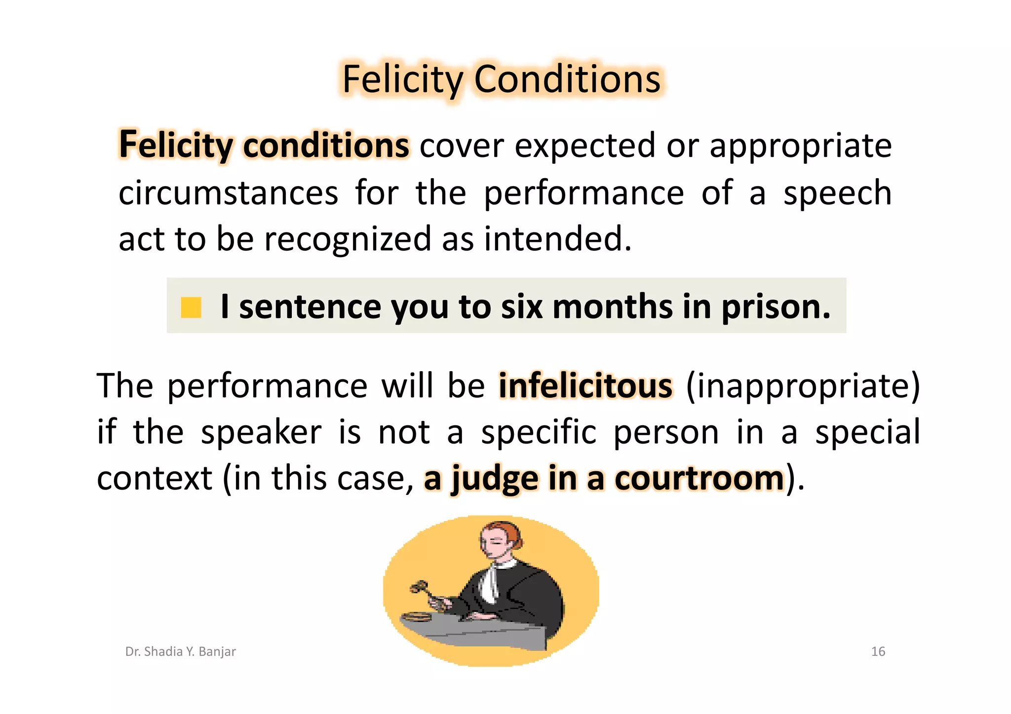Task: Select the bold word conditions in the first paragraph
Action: coord(326,145)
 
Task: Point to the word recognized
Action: coord(348,239)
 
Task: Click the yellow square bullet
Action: coord(191,307)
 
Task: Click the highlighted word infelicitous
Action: coord(585,385)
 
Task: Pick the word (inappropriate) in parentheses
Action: coord(803,385)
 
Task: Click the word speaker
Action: coord(261,432)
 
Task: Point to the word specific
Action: coord(539,432)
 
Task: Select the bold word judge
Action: coord(495,479)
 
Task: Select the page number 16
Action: coord(878,651)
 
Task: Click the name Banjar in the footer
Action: coord(217,651)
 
